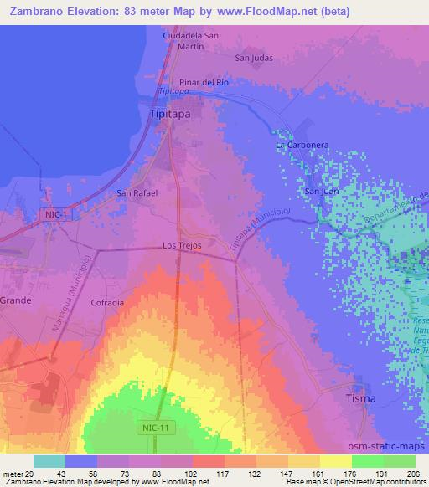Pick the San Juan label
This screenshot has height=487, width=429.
[321, 191]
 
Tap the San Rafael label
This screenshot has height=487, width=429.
[137, 192]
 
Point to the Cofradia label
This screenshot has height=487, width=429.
[108, 302]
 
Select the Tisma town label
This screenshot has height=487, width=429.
[361, 399]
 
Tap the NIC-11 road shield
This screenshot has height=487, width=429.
[149, 428]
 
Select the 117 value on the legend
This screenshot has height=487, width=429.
[223, 474]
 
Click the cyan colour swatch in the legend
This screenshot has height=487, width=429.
[49, 461]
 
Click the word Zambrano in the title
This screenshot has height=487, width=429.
[38, 12]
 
